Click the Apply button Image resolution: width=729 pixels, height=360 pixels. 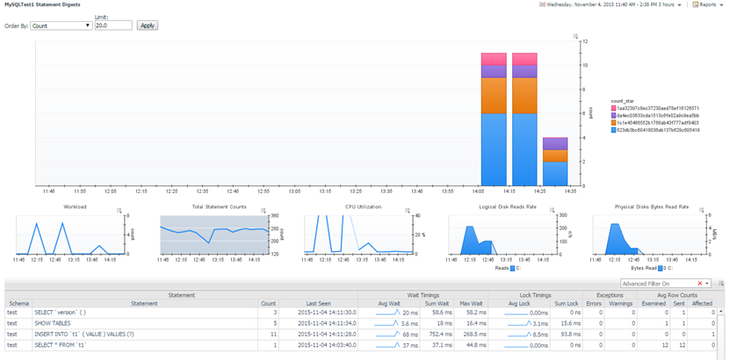148,25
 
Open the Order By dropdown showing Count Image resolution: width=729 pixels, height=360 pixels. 61,25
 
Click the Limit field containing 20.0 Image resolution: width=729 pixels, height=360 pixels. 112,25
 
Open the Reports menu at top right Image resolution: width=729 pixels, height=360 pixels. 707,4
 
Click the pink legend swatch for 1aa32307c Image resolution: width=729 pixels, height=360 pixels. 614,108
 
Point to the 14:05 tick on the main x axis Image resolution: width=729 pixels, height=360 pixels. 478,190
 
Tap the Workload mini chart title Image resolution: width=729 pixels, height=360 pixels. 75,207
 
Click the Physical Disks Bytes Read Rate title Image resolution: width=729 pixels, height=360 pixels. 653,207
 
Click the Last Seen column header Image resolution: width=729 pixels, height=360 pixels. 318,304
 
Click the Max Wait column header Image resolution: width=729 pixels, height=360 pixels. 471,304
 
